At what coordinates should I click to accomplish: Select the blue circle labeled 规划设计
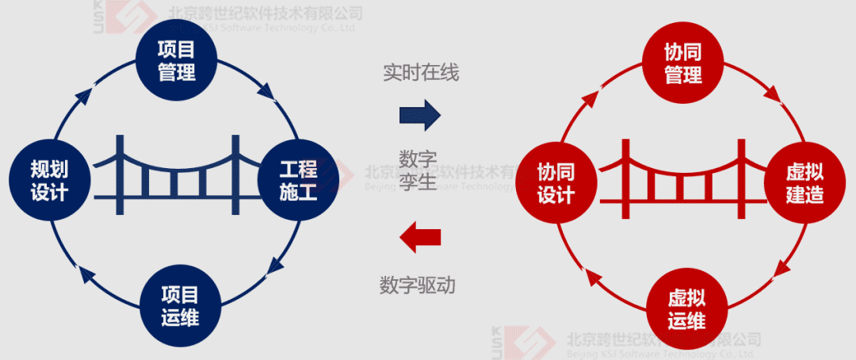[x=49, y=181]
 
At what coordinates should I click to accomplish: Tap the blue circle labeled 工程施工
[x=298, y=181]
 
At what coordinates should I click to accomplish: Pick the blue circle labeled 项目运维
[x=179, y=306]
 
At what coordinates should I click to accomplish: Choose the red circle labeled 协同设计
[x=556, y=183]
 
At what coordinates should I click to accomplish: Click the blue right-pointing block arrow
[x=419, y=116]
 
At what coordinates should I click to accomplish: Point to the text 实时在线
[x=421, y=73]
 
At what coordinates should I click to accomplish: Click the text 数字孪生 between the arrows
[x=418, y=171]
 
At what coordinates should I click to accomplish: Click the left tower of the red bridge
[x=626, y=177]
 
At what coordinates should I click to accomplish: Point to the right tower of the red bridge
[x=741, y=177]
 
